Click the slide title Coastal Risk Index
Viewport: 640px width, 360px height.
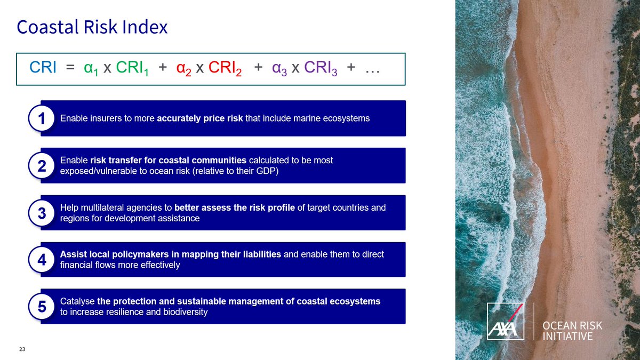tap(92, 27)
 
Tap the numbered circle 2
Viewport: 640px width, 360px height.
tap(42, 166)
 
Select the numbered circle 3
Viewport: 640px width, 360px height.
tap(42, 213)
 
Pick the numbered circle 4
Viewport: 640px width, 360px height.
tap(42, 260)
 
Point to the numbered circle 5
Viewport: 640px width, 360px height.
tap(42, 307)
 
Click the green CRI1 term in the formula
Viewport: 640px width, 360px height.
tap(133, 69)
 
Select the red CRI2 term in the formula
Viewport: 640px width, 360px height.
tap(225, 69)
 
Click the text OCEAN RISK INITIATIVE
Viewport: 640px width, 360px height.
tap(571, 331)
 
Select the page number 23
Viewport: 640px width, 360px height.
tap(22, 349)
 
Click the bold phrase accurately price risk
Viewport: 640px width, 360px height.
tap(200, 118)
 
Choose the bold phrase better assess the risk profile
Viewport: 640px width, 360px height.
tap(234, 207)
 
